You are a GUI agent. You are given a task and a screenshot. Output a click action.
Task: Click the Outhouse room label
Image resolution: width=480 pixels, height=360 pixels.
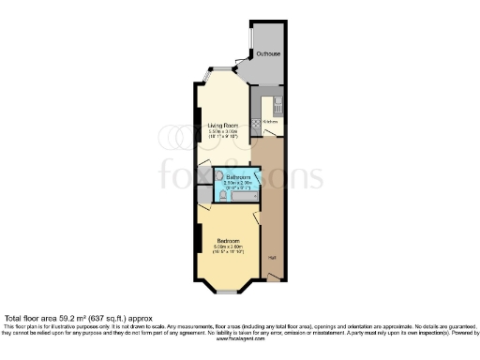coord(268,54)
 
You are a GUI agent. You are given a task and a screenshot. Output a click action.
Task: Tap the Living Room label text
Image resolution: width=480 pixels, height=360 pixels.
coord(223,124)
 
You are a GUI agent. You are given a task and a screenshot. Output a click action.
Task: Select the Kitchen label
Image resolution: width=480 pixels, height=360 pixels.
coord(271,122)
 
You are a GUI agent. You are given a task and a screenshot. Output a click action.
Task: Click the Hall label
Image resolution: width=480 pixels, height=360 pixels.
coord(272,257)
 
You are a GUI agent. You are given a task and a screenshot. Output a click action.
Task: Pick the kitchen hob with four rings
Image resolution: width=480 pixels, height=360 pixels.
coord(257,122)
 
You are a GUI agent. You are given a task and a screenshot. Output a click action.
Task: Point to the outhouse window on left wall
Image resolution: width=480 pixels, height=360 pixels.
coord(250,41)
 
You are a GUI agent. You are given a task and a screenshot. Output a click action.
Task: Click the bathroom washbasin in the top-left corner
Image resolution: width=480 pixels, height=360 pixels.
coord(219,174)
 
